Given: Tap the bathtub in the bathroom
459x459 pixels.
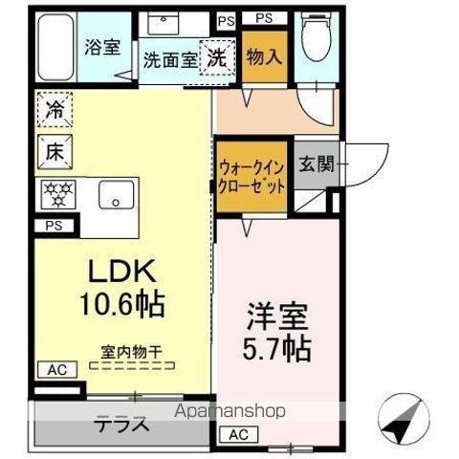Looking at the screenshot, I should click(x=54, y=48).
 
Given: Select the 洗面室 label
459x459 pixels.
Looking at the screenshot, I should click(x=170, y=58).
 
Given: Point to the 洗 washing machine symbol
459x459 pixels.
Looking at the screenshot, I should click(x=217, y=56).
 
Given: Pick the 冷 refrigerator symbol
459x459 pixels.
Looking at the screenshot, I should click(x=55, y=110).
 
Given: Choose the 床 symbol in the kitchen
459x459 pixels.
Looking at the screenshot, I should click(x=55, y=150).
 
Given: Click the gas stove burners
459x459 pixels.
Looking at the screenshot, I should click(x=56, y=193).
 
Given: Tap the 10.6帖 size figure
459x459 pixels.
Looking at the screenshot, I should click(x=123, y=305).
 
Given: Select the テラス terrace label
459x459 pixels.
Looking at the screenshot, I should click(x=120, y=426).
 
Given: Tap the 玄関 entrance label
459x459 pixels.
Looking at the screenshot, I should click(x=315, y=164).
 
